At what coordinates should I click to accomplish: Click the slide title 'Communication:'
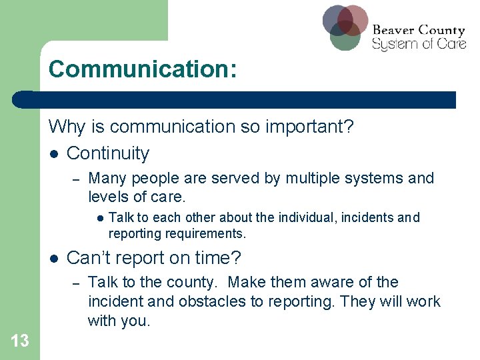click(x=142, y=69)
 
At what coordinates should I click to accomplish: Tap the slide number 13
click(x=19, y=341)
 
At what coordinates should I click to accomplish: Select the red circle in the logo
click(x=353, y=19)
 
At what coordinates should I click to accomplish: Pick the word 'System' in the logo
click(x=391, y=45)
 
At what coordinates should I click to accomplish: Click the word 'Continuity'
click(x=108, y=153)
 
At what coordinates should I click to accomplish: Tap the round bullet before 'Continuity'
click(x=54, y=154)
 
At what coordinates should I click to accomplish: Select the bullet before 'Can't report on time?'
click(x=54, y=258)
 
